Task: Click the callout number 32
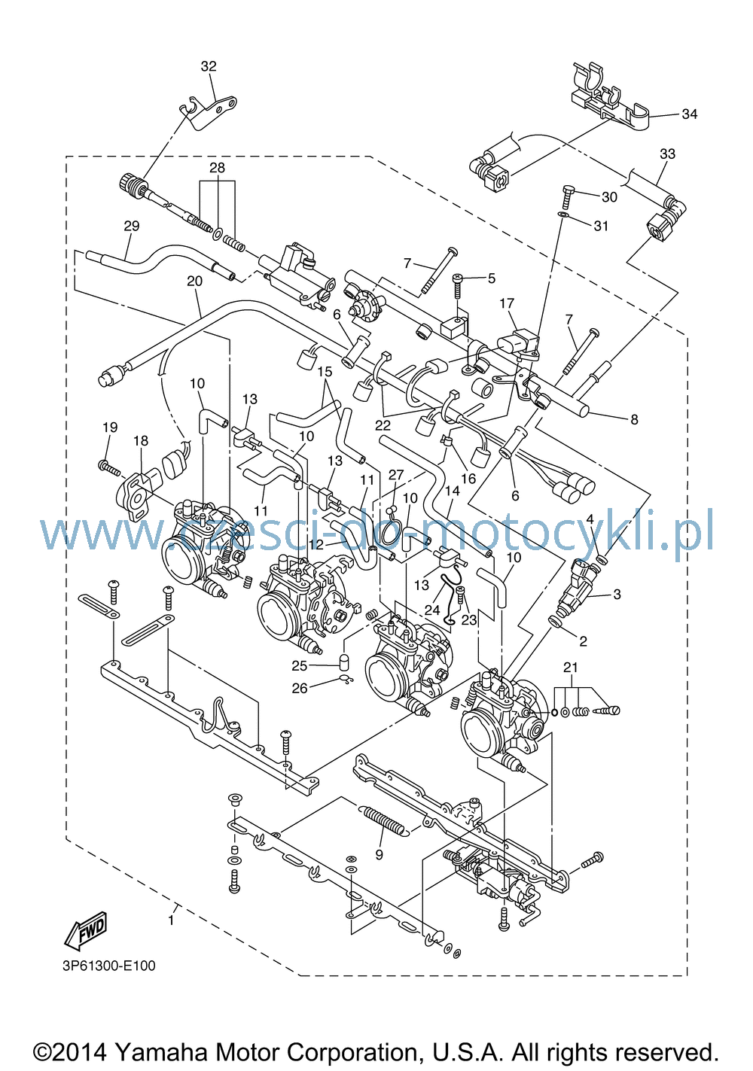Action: [209, 66]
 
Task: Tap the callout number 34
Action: [690, 114]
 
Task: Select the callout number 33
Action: [667, 154]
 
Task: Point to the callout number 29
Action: [132, 226]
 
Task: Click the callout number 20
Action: [195, 281]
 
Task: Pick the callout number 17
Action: [507, 303]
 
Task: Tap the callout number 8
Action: [634, 420]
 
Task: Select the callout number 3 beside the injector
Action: [617, 595]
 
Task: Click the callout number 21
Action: [571, 667]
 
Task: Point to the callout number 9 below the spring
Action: [380, 855]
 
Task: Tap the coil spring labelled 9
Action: [383, 822]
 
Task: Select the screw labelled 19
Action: [109, 467]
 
